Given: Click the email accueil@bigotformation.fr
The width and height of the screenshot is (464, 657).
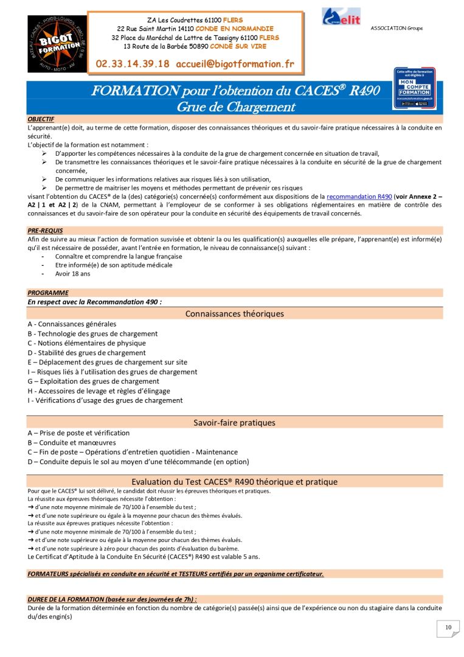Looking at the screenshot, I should (x=235, y=63).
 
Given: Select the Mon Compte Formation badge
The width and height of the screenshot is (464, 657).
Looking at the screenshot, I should (x=414, y=88).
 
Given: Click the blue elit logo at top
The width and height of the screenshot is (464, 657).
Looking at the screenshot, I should (x=341, y=16).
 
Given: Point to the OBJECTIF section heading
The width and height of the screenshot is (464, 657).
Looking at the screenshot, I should (x=41, y=119).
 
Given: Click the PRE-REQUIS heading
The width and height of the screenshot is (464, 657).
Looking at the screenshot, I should (x=45, y=231).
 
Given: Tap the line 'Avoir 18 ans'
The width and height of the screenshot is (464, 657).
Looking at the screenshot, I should (x=72, y=273).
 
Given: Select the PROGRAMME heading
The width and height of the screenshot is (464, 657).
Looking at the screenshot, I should (x=48, y=293).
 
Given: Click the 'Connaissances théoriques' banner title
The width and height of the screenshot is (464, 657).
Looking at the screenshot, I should (x=234, y=314).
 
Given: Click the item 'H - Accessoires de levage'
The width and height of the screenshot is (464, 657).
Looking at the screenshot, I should (x=99, y=391).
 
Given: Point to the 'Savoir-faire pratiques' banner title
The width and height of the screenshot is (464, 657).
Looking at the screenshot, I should (x=234, y=422).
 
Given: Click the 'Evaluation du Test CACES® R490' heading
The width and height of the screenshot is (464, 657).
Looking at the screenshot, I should (x=234, y=482).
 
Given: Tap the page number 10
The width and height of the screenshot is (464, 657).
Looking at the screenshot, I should (x=448, y=628).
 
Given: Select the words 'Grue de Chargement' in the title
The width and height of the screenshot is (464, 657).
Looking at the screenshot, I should (x=235, y=107).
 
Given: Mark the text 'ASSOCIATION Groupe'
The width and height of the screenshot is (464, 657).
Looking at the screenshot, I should (x=396, y=29).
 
